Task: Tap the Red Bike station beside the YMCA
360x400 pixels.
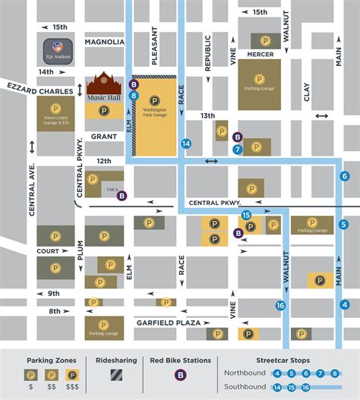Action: click(x=122, y=195)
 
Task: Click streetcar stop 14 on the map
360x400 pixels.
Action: click(x=186, y=143)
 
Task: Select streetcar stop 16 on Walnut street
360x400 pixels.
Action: click(x=281, y=305)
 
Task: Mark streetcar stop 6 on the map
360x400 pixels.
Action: click(x=344, y=176)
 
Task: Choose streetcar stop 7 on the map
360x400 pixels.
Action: click(x=238, y=150)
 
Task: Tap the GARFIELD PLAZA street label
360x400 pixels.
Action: click(x=169, y=323)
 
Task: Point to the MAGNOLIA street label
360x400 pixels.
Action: click(x=105, y=42)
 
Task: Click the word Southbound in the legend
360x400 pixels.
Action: click(x=245, y=386)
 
